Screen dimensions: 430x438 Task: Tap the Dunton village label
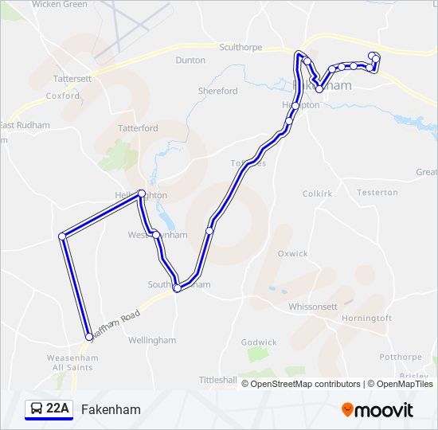point(190,60)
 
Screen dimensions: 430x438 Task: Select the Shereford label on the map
point(217,91)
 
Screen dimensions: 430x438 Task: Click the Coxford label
point(63,96)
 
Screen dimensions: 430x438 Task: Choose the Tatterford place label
point(138,128)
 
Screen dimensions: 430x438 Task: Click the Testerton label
point(377,192)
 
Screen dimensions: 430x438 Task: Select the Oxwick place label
point(292,253)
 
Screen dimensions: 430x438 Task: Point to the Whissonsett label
point(312,306)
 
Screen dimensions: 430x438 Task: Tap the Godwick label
point(259,342)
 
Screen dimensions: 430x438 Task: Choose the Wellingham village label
point(151,340)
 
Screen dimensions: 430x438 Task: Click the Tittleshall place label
point(218,380)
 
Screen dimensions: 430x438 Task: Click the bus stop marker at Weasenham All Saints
point(89,337)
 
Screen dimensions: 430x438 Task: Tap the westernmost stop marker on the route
point(62,236)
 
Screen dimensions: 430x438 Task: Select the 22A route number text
point(58,409)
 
